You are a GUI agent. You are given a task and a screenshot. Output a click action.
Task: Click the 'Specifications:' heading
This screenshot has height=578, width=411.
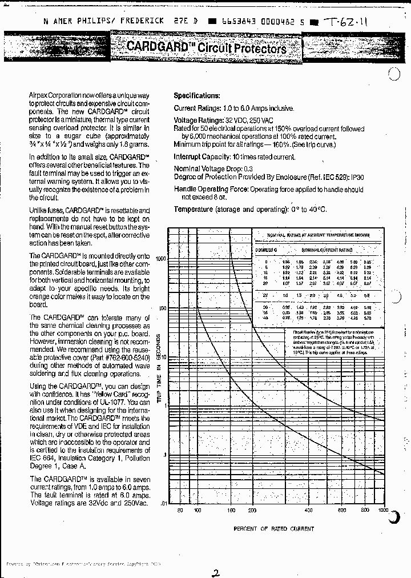point(196,96)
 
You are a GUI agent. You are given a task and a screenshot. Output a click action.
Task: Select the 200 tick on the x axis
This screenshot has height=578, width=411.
point(252,510)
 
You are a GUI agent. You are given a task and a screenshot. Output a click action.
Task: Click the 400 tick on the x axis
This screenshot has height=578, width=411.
point(308,510)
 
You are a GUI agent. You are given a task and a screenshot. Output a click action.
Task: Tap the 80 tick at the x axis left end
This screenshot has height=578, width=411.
point(180,510)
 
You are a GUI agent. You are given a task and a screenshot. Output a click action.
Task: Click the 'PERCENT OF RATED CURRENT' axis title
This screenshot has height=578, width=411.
point(273,529)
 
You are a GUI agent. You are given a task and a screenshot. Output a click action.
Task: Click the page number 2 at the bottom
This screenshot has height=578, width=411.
point(215,559)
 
